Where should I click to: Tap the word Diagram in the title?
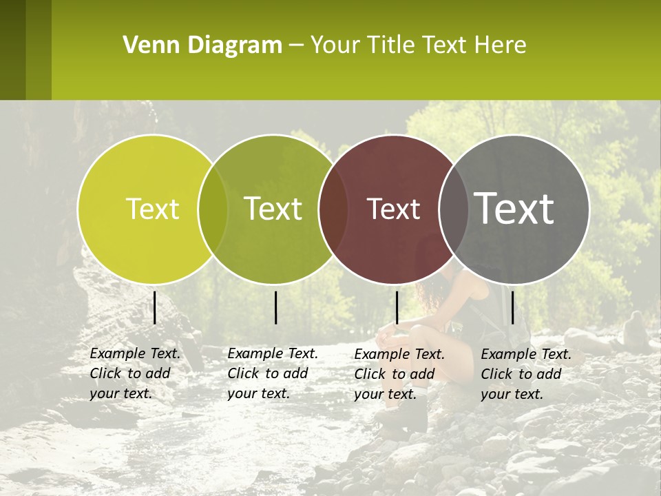coord(235,45)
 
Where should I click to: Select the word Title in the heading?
coord(390,45)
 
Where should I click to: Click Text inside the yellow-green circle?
coord(152,209)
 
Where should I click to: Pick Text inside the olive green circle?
coord(273,209)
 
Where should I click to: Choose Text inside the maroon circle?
coord(393,209)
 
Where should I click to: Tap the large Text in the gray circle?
coord(514,208)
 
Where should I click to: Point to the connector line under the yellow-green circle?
coord(154,307)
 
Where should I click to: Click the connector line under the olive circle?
coord(275,307)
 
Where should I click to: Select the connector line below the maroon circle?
coord(397,307)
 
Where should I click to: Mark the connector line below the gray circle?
coord(512,307)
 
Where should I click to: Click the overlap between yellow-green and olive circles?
coord(213,209)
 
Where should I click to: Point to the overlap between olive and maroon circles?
coord(333,209)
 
